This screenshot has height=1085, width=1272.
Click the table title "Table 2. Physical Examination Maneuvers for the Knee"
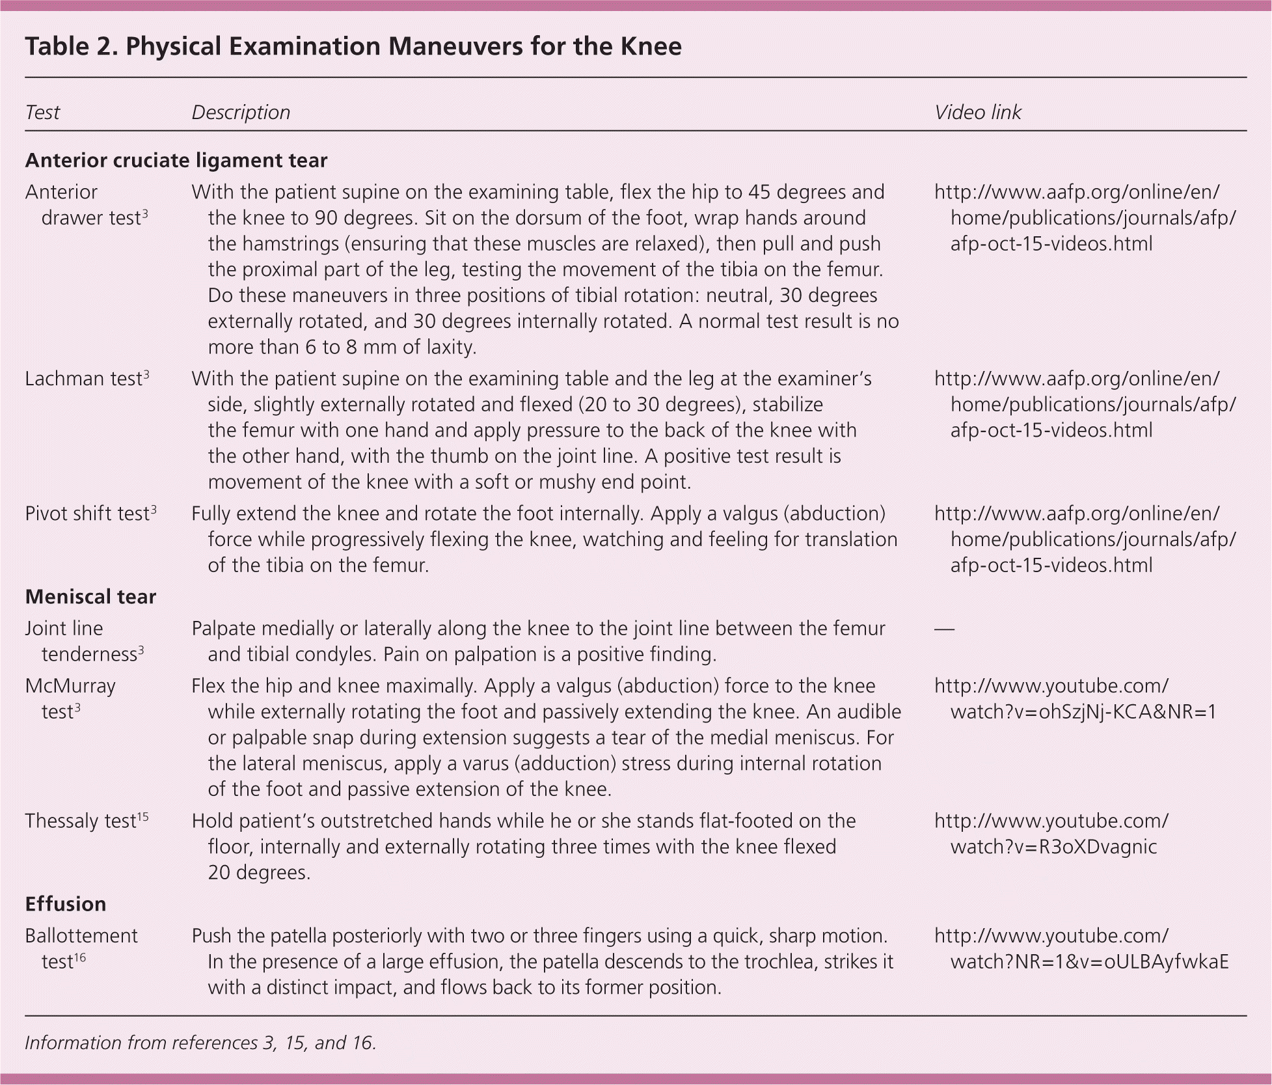(x=353, y=47)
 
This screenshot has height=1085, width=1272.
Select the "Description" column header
(x=241, y=113)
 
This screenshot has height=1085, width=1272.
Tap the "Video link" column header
(x=977, y=113)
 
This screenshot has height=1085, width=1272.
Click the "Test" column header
(x=42, y=113)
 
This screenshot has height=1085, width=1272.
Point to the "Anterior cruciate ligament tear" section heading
(x=176, y=160)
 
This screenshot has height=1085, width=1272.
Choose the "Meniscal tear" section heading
(x=90, y=597)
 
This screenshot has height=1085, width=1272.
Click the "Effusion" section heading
(x=66, y=904)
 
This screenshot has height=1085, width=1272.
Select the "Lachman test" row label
(x=83, y=379)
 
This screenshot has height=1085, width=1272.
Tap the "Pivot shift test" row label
(x=87, y=514)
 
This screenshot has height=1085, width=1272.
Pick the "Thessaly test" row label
(x=80, y=821)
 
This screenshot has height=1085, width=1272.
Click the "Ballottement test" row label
(x=81, y=948)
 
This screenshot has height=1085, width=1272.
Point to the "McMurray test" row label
(x=70, y=698)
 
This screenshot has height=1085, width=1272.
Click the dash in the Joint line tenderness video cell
(x=944, y=629)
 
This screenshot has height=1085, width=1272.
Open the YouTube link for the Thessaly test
(x=1051, y=834)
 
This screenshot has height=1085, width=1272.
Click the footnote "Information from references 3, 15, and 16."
(x=200, y=1043)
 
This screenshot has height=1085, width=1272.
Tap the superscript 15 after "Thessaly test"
(x=142, y=817)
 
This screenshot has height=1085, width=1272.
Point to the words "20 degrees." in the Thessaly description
(x=259, y=873)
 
